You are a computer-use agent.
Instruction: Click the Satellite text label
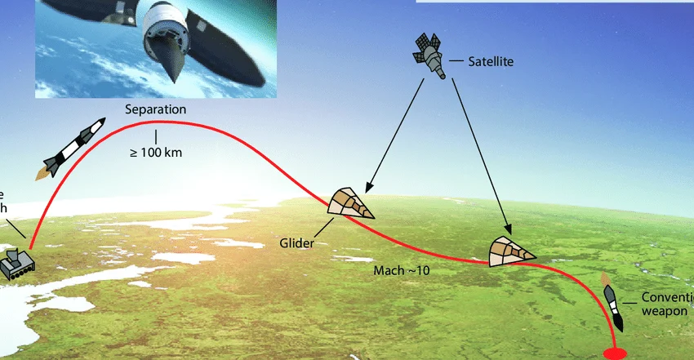pyautogui.click(x=490, y=61)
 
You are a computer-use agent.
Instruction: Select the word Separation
pyautogui.click(x=156, y=109)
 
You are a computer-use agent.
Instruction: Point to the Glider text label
pyautogui.click(x=296, y=243)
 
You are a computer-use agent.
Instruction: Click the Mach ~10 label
pyautogui.click(x=401, y=270)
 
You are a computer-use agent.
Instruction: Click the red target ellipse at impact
pyautogui.click(x=614, y=353)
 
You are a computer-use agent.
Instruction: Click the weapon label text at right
pyautogui.click(x=666, y=304)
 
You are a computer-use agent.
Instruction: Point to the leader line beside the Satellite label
pyautogui.click(x=456, y=60)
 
